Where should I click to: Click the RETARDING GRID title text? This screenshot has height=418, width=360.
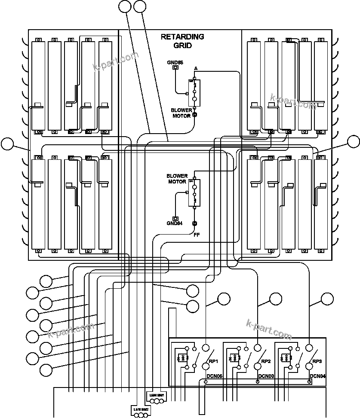tap(182, 41)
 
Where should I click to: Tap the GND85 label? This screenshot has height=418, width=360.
tap(175, 63)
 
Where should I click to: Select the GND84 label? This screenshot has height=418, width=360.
tap(175, 223)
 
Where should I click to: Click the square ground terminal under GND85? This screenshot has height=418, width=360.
tap(175, 68)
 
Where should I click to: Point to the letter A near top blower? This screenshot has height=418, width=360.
tap(196, 69)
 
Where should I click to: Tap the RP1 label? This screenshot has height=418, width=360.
tap(214, 361)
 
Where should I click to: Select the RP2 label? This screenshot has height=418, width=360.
tap(266, 361)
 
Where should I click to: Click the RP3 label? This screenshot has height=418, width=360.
tap(317, 361)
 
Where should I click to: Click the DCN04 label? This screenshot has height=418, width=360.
tap(318, 376)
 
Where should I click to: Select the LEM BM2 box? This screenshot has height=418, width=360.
tap(141, 410)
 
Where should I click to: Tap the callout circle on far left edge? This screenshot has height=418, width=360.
tap(7, 144)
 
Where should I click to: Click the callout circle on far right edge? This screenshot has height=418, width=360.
tap(354, 141)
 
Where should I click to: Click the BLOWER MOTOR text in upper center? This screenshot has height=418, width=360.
tap(181, 113)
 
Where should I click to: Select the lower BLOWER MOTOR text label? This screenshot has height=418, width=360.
tap(176, 179)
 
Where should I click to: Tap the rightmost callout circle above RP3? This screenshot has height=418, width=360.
tap(328, 299)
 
